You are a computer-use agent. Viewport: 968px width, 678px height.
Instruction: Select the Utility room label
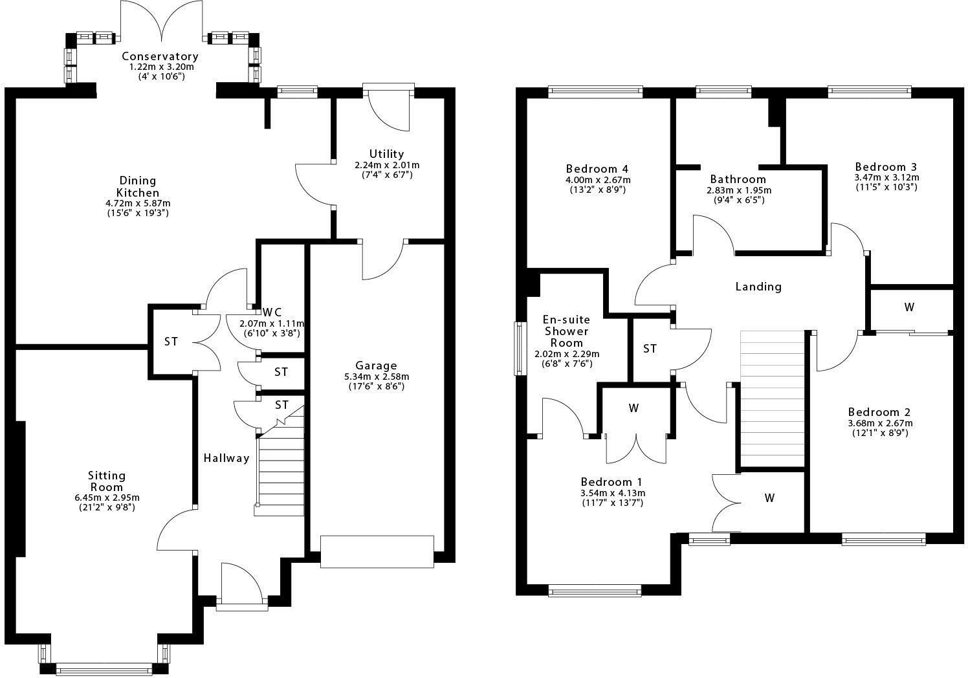(x=386, y=153)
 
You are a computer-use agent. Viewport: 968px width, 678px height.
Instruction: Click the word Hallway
(x=226, y=458)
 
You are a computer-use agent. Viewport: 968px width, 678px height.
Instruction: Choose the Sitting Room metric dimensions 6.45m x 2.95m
(x=107, y=498)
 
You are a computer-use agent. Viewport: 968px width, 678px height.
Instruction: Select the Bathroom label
(x=738, y=179)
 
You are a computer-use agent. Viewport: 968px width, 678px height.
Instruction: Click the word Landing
(x=758, y=286)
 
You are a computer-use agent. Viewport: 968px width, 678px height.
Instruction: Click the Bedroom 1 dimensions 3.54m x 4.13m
(x=611, y=493)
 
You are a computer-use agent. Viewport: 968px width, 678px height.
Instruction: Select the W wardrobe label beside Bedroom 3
(x=909, y=307)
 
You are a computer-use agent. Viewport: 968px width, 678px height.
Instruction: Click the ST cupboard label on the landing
(x=650, y=349)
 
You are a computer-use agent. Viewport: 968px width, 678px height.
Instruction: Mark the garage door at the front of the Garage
(x=377, y=551)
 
